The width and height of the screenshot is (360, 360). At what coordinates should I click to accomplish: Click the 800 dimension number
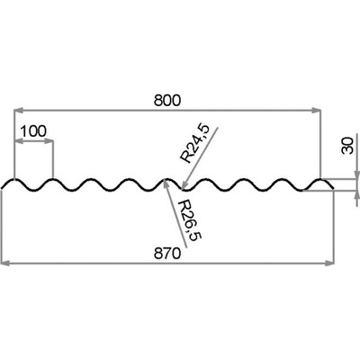[x=167, y=101]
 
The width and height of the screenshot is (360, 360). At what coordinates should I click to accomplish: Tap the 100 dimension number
[x=33, y=131]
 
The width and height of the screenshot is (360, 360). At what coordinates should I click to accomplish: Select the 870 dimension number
[x=167, y=254]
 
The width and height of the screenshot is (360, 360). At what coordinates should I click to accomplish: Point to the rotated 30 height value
[x=347, y=146]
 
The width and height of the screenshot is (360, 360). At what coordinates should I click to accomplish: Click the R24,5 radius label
[x=194, y=144]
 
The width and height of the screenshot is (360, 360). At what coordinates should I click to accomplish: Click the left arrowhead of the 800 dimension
[x=19, y=111]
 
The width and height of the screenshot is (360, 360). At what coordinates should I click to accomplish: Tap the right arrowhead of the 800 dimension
[x=316, y=111]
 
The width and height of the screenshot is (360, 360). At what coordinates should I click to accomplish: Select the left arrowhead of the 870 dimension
[x=6, y=264]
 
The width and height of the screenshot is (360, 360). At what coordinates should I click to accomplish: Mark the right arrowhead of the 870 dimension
[x=329, y=264]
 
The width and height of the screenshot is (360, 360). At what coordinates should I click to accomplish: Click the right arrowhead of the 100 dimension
[x=49, y=141]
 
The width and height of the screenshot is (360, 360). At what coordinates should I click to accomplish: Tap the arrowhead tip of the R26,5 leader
[x=165, y=180]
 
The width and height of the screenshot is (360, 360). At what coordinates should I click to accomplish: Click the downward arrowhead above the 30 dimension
[x=356, y=175]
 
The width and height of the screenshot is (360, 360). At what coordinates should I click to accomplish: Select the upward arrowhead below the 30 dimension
[x=356, y=195]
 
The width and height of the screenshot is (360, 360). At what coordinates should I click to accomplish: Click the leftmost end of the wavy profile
[x=2, y=188]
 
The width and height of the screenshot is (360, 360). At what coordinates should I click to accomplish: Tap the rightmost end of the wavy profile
[x=334, y=189]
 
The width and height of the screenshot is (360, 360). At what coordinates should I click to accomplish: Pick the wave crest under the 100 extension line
[x=53, y=180]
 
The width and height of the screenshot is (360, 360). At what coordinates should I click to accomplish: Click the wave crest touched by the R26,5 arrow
[x=165, y=180]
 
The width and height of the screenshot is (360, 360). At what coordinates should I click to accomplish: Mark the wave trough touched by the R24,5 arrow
[x=184, y=190]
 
